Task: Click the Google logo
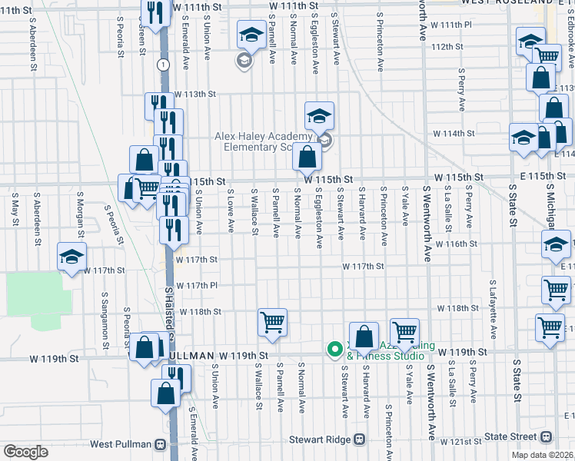tap(25, 452)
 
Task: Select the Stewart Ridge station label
tap(321, 440)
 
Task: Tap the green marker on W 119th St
tap(334, 350)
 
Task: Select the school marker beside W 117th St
tap(71, 258)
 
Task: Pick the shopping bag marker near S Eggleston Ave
tap(307, 157)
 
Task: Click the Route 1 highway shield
tap(163, 65)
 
